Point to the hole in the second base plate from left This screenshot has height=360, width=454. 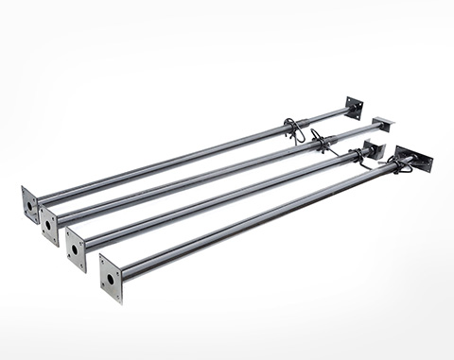click(47, 226)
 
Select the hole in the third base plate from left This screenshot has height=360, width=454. click(76, 251)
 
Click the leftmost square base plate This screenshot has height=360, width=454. click(30, 204)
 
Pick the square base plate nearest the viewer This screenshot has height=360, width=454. click(111, 279)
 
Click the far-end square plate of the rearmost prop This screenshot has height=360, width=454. click(354, 108)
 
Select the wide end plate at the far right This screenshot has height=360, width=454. click(413, 159)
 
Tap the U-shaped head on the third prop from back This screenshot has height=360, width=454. click(373, 149)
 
